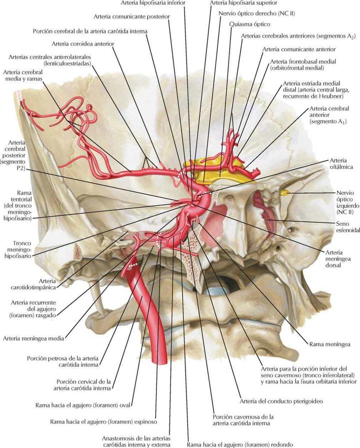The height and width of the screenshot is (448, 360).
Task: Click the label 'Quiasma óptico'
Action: (x=249, y=24)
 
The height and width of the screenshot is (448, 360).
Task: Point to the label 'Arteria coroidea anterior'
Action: (x=82, y=44)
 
